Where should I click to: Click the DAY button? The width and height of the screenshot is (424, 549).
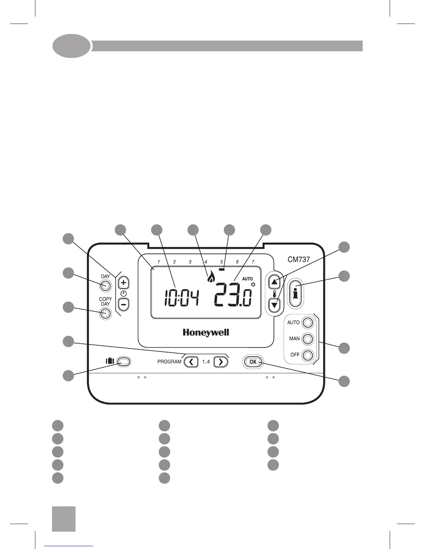[106, 286]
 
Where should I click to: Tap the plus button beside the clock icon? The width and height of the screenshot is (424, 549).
[124, 283]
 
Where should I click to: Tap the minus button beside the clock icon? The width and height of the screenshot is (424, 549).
[124, 304]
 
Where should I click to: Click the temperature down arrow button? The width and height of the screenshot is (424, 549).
[275, 305]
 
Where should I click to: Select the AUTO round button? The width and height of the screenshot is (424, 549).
[308, 323]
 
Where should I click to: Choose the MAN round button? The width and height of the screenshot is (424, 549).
[308, 339]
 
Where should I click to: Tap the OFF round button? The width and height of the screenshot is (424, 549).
[308, 355]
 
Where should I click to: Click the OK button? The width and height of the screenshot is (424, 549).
[253, 362]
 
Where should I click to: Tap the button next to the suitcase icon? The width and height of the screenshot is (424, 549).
[124, 361]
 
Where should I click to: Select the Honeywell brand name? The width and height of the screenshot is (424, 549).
[206, 333]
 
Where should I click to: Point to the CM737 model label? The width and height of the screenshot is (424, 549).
[299, 259]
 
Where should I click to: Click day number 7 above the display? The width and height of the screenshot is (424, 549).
[253, 262]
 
